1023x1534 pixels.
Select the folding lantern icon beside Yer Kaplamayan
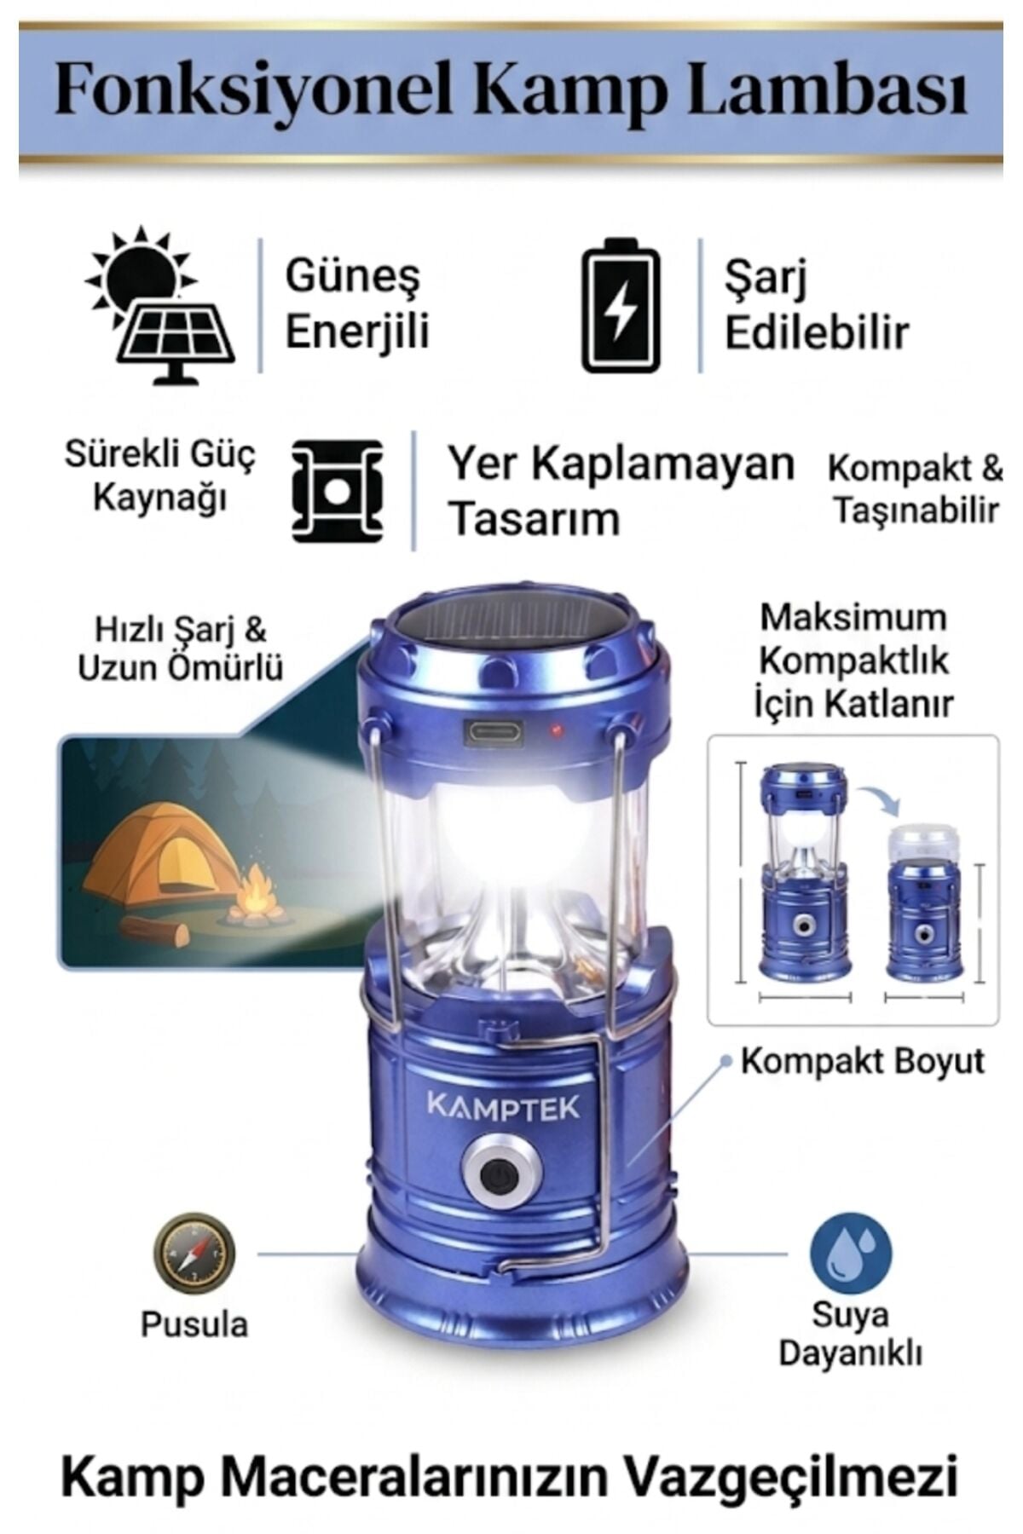point(337,491)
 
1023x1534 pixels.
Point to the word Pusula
point(194,1324)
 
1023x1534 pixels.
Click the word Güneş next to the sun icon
point(353,278)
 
